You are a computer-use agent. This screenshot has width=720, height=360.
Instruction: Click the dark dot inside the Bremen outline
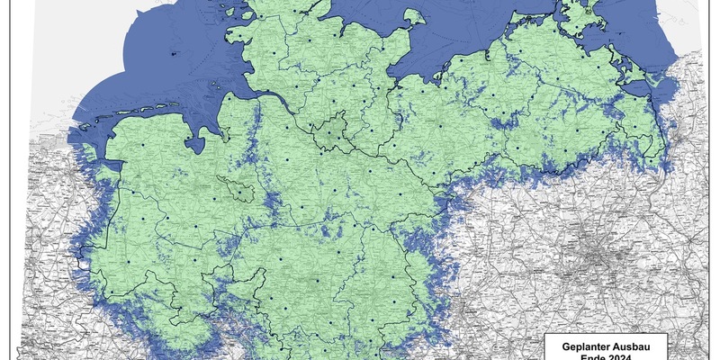pos(239,188)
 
